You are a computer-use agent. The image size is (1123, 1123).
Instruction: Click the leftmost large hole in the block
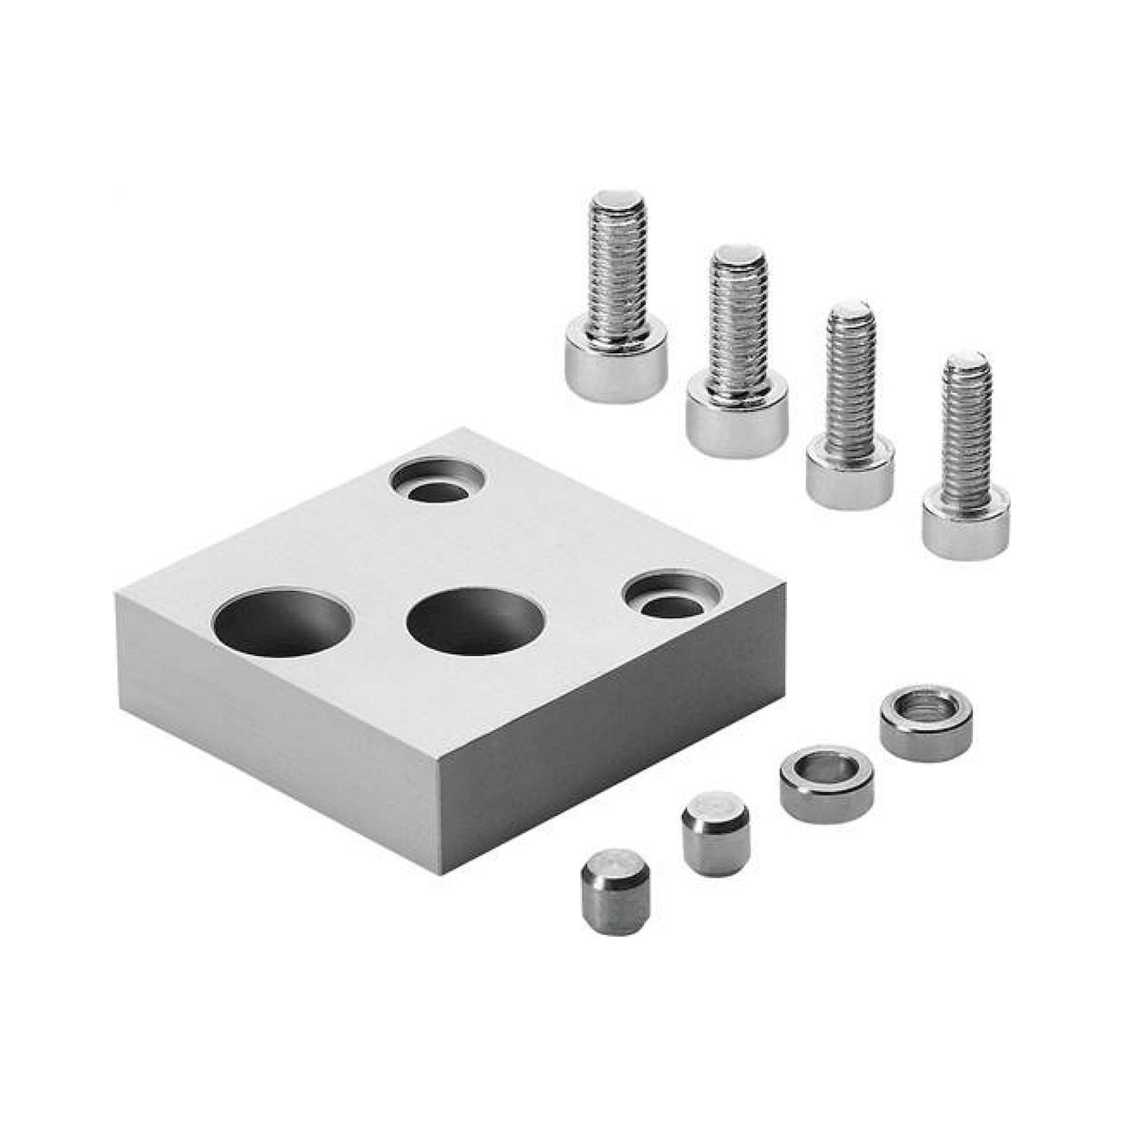tap(283, 624)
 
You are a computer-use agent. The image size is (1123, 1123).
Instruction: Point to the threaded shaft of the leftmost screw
tap(618, 273)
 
